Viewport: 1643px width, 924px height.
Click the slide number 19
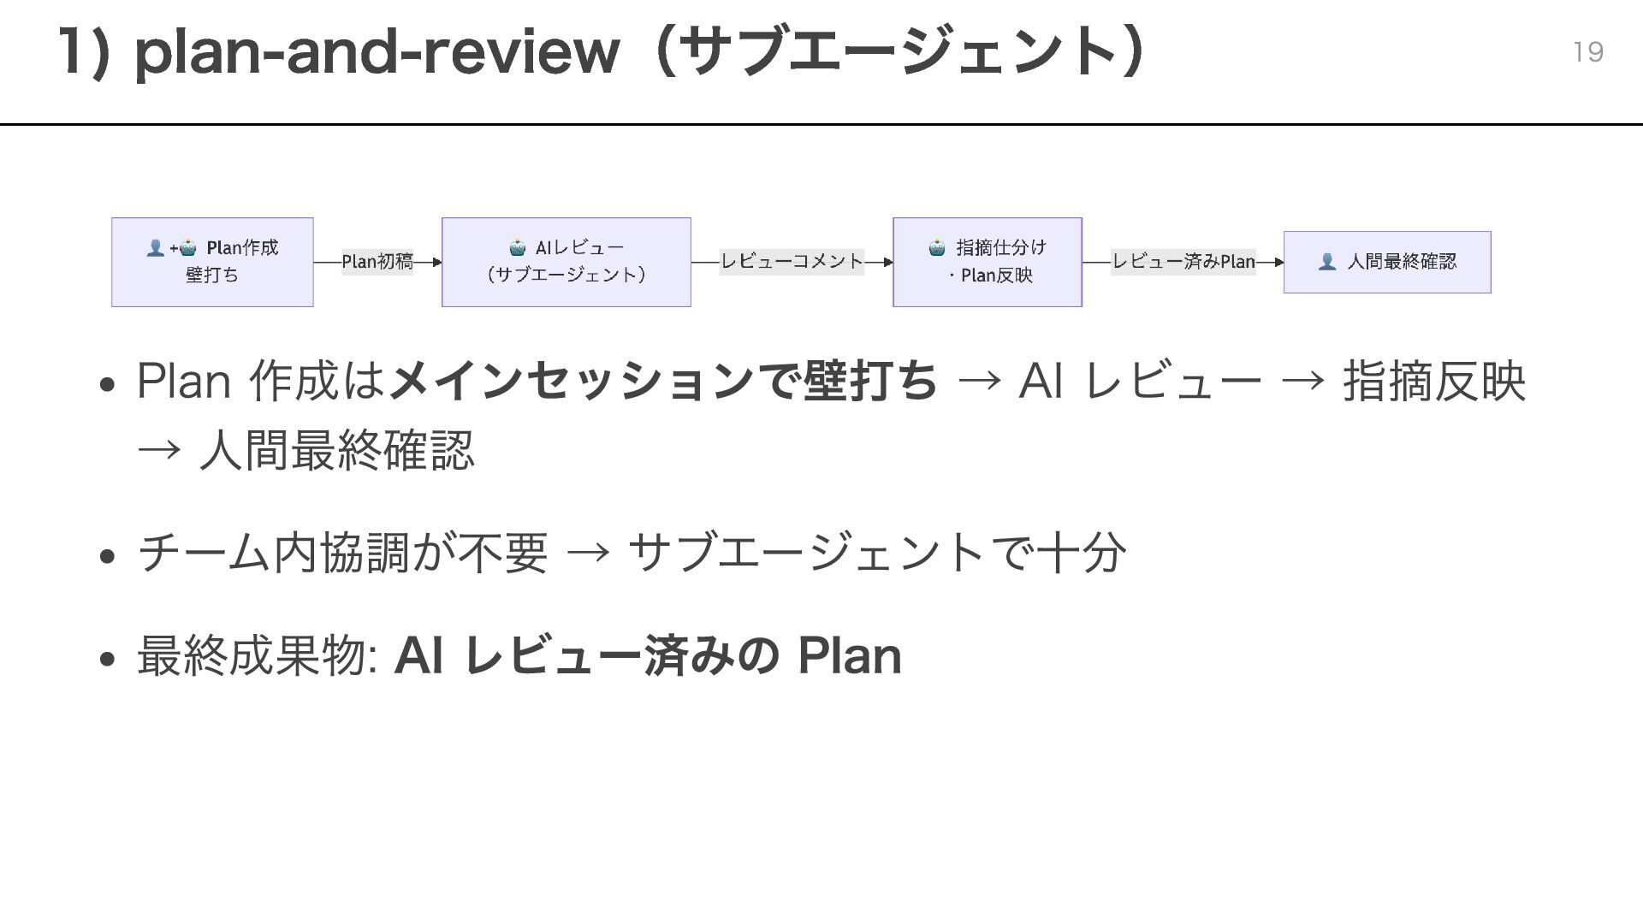click(x=1587, y=52)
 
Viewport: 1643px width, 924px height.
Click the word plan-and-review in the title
click(x=377, y=52)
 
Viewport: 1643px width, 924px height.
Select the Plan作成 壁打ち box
click(x=212, y=262)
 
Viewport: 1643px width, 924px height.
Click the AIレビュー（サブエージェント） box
click(x=566, y=262)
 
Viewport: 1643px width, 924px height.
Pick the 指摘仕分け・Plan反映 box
click(x=987, y=262)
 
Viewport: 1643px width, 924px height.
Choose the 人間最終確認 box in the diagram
click(x=1386, y=262)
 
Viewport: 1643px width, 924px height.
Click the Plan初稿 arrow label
click(x=377, y=262)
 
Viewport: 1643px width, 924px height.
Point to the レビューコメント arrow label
click(x=792, y=262)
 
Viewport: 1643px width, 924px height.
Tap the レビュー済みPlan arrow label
click(x=1183, y=262)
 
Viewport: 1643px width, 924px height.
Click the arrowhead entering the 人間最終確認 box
click(x=1278, y=262)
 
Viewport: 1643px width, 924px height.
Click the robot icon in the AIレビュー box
click(x=518, y=248)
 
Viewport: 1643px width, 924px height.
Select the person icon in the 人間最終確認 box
click(x=1326, y=262)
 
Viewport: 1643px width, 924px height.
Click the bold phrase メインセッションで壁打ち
click(x=663, y=381)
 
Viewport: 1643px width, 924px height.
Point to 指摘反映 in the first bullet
click(x=1433, y=381)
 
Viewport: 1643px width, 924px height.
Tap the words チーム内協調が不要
click(x=342, y=553)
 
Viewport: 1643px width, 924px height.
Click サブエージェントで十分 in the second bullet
click(x=876, y=553)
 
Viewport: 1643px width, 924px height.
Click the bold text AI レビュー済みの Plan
click(x=647, y=656)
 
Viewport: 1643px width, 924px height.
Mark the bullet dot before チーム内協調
click(x=107, y=556)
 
